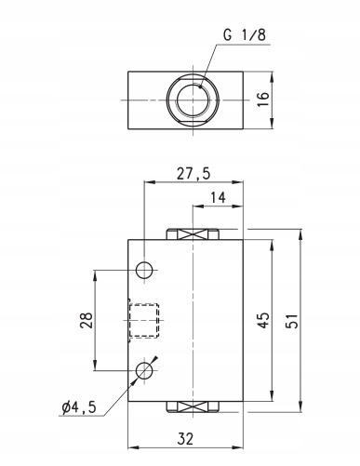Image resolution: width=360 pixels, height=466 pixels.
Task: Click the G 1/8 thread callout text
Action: click(245, 34)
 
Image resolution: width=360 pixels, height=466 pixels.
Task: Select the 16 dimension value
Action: click(263, 100)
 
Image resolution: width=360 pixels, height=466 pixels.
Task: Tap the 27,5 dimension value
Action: click(193, 173)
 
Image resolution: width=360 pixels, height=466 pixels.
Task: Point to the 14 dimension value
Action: click(219, 197)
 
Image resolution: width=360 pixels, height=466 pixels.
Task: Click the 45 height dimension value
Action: click(263, 320)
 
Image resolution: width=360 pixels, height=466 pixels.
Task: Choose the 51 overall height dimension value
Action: click(292, 321)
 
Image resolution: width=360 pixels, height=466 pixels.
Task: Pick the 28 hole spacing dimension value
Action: click(87, 320)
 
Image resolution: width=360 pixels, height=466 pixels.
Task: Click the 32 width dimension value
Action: click(185, 439)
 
